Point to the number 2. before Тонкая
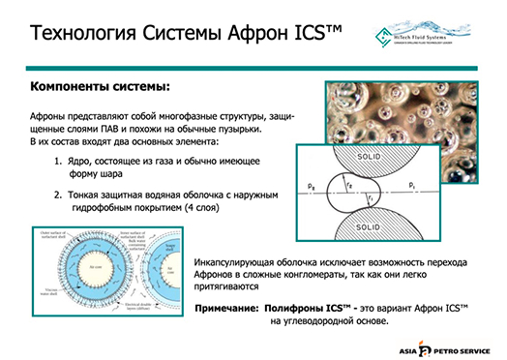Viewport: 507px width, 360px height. point(58,194)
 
